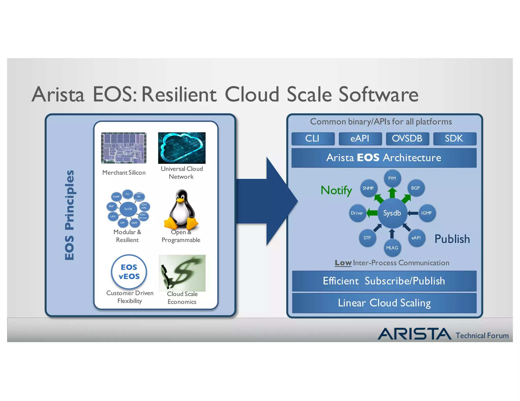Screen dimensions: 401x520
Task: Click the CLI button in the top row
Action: click(313, 139)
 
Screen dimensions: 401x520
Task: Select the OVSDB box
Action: click(407, 139)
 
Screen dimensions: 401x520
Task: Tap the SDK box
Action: click(454, 139)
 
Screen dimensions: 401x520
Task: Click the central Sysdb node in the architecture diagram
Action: click(392, 213)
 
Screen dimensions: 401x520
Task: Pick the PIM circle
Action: click(392, 178)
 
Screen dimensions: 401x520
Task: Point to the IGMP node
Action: click(427, 213)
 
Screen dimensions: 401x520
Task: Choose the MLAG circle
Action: click(392, 248)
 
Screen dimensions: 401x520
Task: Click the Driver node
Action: click(357, 213)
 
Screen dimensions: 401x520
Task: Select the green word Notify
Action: click(336, 190)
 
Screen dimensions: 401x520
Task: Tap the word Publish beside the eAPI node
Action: click(452, 239)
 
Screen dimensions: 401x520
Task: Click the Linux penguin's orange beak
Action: click(180, 200)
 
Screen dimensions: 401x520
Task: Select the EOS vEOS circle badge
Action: click(129, 272)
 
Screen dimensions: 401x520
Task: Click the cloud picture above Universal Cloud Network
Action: click(182, 148)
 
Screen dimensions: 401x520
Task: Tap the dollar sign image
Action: click(182, 273)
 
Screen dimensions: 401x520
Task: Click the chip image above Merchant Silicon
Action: click(124, 148)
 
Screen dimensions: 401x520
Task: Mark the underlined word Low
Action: click(343, 263)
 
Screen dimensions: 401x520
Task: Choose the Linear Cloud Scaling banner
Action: click(384, 303)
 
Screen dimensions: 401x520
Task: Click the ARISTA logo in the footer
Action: click(414, 334)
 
